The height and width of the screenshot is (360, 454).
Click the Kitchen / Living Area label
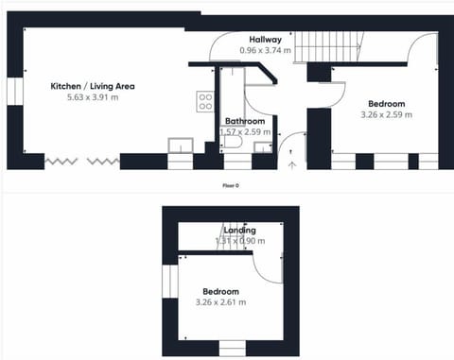tap(93, 86)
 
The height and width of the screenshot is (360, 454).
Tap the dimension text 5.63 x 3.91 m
tap(93, 97)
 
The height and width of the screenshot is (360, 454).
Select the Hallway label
tap(266, 40)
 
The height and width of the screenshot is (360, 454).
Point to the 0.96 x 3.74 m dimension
tap(266, 50)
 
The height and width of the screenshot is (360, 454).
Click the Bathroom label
tap(244, 121)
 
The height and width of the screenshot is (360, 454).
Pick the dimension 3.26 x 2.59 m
tap(385, 114)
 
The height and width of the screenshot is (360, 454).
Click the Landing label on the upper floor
tap(239, 231)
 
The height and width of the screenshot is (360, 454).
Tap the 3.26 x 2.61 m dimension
tap(218, 302)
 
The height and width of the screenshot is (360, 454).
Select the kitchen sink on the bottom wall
tap(180, 146)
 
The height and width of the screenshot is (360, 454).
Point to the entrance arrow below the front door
tap(291, 164)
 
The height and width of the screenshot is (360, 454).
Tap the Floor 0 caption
tap(229, 186)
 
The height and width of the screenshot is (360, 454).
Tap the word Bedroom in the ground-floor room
tap(386, 103)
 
